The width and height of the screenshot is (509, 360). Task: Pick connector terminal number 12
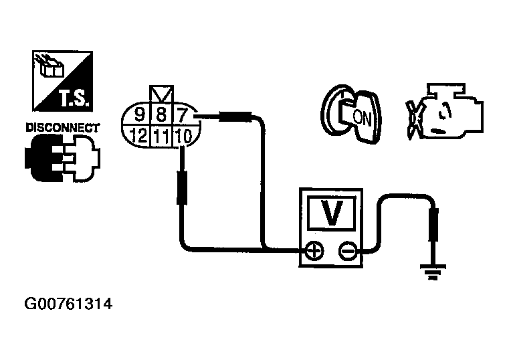click(x=138, y=137)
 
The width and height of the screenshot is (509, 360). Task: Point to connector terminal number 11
click(x=161, y=137)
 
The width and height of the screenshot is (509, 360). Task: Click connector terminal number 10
click(x=183, y=137)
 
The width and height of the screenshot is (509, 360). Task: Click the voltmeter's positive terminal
click(x=314, y=252)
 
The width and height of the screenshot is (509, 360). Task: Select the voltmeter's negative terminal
click(x=346, y=252)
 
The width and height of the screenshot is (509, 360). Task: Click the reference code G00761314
click(x=68, y=305)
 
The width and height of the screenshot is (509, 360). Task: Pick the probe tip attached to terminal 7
click(x=228, y=118)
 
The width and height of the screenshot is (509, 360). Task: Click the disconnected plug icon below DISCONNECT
click(x=62, y=157)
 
